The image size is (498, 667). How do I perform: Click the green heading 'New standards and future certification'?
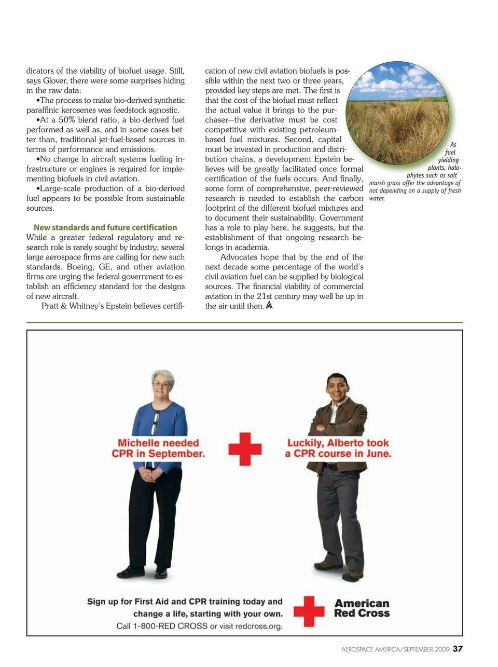click(105, 227)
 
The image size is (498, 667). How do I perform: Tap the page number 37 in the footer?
click(458, 648)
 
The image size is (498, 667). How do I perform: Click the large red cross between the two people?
click(245, 448)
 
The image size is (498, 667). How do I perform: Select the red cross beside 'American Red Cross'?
click(309, 611)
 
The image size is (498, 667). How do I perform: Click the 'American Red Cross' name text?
click(362, 608)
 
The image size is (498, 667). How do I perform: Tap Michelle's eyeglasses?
click(162, 384)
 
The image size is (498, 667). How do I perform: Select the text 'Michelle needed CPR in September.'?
click(158, 448)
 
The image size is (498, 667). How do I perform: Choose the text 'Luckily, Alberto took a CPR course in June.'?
click(338, 448)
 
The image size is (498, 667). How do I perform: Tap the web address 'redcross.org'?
click(259, 626)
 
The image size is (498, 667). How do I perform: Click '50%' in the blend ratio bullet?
click(67, 120)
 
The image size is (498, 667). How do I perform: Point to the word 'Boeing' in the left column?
click(80, 267)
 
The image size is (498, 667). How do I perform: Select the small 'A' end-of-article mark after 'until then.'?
click(269, 306)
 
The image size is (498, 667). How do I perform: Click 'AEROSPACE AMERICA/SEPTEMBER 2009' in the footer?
click(395, 649)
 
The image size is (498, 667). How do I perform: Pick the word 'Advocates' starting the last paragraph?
click(238, 257)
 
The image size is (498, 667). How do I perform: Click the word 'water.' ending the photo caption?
click(377, 198)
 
